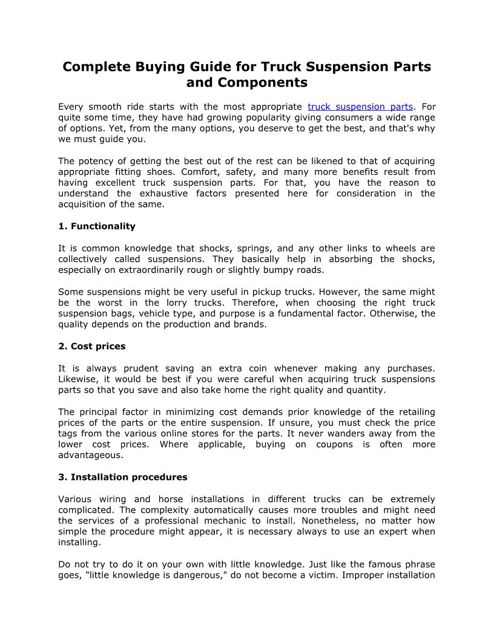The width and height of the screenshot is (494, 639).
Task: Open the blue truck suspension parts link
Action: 360,106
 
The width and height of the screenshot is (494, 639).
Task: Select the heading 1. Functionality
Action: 97,226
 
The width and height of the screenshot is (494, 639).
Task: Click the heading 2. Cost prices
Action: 92,346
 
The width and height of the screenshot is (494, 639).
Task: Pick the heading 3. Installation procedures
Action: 123,477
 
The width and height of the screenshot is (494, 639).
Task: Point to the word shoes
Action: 159,172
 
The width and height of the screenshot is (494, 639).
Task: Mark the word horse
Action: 170,499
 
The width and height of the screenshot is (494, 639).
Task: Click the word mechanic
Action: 231,520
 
